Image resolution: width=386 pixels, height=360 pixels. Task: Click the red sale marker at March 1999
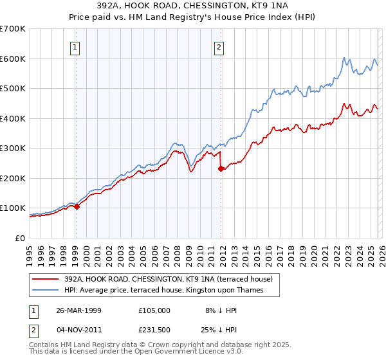(77, 207)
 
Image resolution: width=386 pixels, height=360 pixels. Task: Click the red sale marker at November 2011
(221, 169)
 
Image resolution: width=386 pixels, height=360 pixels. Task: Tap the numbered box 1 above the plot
(76, 46)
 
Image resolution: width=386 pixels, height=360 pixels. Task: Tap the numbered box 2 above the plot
(219, 46)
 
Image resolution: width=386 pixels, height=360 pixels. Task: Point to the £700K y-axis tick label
(13, 29)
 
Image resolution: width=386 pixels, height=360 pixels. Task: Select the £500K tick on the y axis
(13, 89)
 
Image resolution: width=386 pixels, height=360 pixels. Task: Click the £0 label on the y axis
(21, 238)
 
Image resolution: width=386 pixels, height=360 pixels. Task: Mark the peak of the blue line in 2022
(345, 57)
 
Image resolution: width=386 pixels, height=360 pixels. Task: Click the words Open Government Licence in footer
(169, 353)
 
